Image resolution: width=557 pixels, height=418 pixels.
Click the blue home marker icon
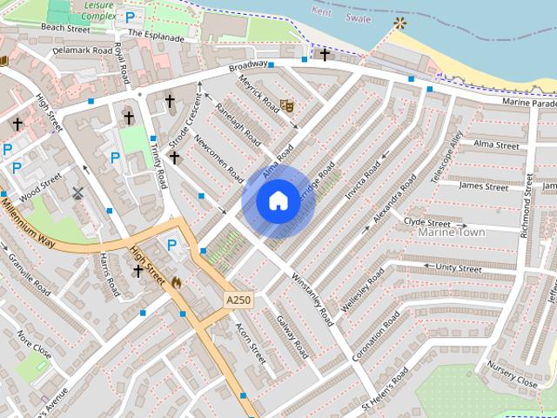pos(278,200)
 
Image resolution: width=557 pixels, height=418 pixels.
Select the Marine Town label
pos(450,233)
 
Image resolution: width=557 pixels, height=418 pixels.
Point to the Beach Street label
pos(65,29)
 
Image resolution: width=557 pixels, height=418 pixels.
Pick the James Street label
pos(484,185)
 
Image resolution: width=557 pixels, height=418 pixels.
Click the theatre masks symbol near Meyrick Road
pos(287,106)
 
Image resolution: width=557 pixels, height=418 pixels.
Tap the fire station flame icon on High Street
pos(177,283)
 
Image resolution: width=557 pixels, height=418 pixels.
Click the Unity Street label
pos(459,269)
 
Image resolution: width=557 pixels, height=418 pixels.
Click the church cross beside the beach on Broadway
pos(325,54)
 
